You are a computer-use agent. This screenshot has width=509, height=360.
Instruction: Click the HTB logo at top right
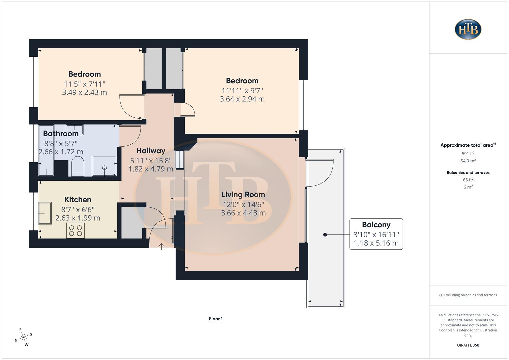coord(468,29)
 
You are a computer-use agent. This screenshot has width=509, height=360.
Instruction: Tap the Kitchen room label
coord(78,200)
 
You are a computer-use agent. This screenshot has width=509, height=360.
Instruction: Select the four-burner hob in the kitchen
coord(75,230)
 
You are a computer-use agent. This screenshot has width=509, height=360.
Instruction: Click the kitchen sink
coord(45,213)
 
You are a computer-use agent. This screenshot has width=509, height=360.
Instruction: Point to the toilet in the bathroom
coord(78,166)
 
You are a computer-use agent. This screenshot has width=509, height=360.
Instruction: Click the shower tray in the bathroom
coord(104,166)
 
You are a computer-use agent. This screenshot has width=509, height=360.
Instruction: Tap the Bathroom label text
coord(61,134)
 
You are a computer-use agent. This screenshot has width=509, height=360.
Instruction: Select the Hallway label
coord(151,151)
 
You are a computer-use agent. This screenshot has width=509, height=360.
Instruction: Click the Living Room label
coord(243,195)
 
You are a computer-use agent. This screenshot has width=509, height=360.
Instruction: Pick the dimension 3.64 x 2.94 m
coord(242,99)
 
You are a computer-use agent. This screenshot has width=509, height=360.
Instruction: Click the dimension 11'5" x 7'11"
coord(84,84)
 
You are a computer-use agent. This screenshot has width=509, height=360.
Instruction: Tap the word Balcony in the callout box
coord(376,225)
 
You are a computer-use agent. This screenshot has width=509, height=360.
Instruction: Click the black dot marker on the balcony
coord(325,235)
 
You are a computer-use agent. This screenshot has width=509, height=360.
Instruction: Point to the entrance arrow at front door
coord(162,247)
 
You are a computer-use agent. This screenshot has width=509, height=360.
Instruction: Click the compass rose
coord(23,337)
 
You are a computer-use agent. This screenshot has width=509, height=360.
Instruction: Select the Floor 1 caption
coord(216,319)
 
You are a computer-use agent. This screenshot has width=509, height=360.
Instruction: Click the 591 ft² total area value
coord(468,154)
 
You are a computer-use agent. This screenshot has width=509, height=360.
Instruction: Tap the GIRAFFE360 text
coord(468,345)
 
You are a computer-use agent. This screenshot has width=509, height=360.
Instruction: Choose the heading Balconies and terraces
coord(468,173)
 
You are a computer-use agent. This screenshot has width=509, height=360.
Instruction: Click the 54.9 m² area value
coord(468,161)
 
